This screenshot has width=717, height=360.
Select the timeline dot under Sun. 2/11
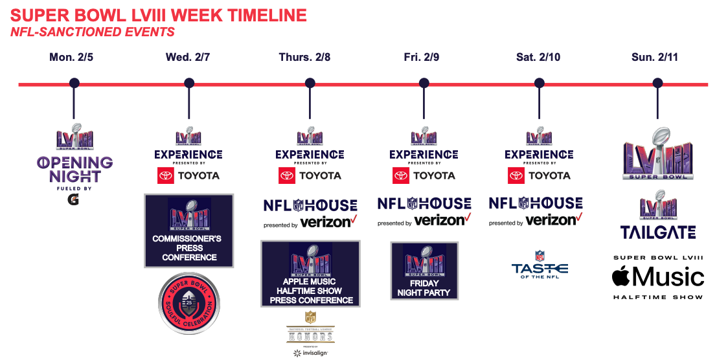pyautogui.click(x=657, y=83)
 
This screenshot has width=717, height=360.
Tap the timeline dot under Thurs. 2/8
pyautogui.click(x=310, y=83)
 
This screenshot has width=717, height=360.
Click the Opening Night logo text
pyautogui.click(x=74, y=168)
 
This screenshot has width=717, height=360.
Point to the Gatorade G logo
pyautogui.click(x=74, y=200)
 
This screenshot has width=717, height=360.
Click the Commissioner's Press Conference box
pyautogui.click(x=188, y=231)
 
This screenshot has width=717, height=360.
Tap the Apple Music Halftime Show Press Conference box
pyautogui.click(x=310, y=273)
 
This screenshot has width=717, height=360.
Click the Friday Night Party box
pyautogui.click(x=424, y=270)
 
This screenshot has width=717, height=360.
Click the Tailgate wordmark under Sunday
pyautogui.click(x=658, y=232)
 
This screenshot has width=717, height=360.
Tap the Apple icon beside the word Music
pyautogui.click(x=621, y=276)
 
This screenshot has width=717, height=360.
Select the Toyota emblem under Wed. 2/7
pyautogui.click(x=166, y=175)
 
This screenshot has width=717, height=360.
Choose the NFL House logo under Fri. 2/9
pyautogui.click(x=424, y=204)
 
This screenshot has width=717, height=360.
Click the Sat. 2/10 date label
pyautogui.click(x=538, y=58)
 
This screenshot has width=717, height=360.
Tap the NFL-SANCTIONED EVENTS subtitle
pyautogui.click(x=92, y=31)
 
